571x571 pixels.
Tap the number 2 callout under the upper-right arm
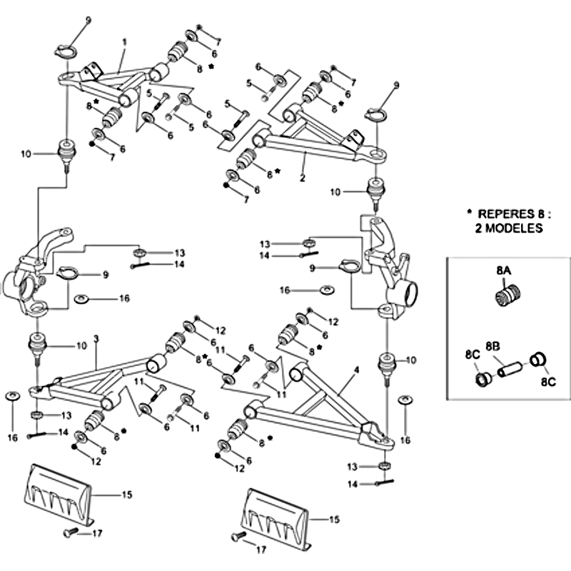[x=303, y=178]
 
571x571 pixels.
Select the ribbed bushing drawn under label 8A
[x=506, y=293]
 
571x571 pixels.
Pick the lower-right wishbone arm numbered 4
[x=314, y=407]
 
